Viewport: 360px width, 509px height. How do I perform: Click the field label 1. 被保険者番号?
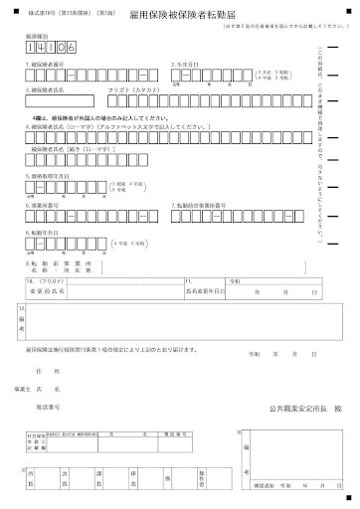pyautogui.click(x=46, y=64)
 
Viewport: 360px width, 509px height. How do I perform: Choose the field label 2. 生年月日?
pyautogui.click(x=188, y=64)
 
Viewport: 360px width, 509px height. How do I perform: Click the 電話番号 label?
pyautogui.click(x=50, y=408)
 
